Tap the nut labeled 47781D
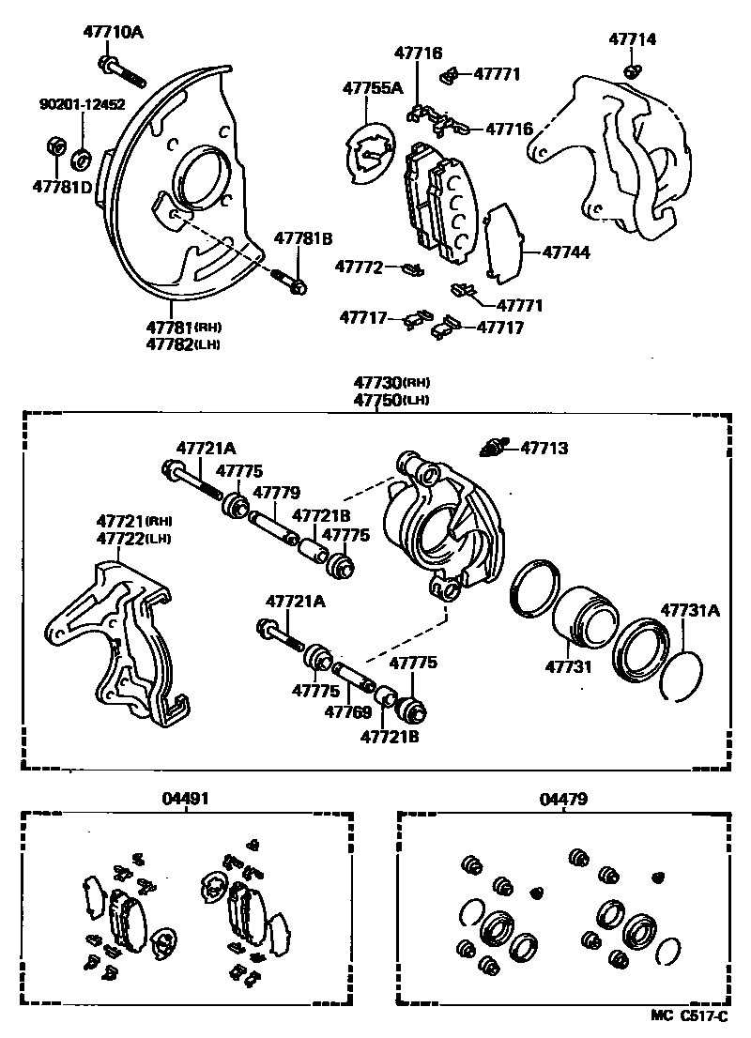[x=55, y=147]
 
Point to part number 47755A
[x=372, y=88]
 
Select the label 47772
[x=361, y=267]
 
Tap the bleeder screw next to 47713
[x=492, y=447]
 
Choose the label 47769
[x=348, y=712]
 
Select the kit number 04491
[x=185, y=798]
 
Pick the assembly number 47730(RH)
[x=391, y=383]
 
